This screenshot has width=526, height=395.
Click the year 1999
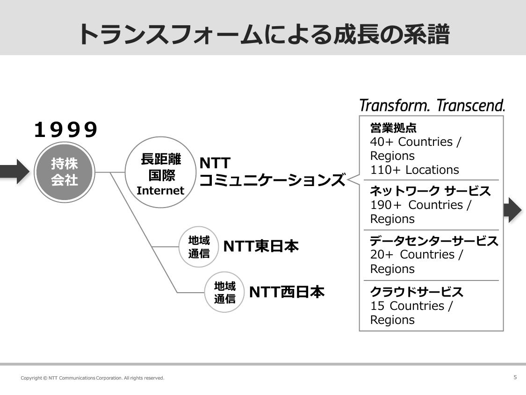66,130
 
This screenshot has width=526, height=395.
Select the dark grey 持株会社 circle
65,172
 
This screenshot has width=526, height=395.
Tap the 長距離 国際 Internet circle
160,172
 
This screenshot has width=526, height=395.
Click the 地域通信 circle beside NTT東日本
199,247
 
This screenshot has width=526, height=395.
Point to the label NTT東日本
260,246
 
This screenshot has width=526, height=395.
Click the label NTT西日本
287,292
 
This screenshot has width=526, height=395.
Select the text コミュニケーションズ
272,180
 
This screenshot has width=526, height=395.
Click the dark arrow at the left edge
14,172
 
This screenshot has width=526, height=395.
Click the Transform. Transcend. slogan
432,105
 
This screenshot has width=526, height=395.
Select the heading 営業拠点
393,128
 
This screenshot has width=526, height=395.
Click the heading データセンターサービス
434,241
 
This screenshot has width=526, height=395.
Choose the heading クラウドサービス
417,292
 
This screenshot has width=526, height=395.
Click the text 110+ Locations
414,170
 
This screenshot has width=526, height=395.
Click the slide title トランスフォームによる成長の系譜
264,34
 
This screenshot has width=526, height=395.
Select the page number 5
515,377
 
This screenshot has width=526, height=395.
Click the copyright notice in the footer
93,378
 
